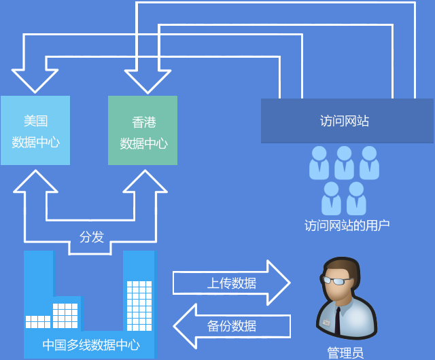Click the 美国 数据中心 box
[x=35, y=130]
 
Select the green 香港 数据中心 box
[x=143, y=130]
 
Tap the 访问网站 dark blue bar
[x=347, y=121]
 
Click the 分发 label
[x=92, y=237]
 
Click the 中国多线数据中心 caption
[x=91, y=344]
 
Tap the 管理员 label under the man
[x=345, y=353]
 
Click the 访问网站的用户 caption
[x=347, y=225]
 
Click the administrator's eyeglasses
[x=336, y=280]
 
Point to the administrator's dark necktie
[x=338, y=320]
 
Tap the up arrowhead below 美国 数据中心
[x=35, y=183]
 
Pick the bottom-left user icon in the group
[x=332, y=198]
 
